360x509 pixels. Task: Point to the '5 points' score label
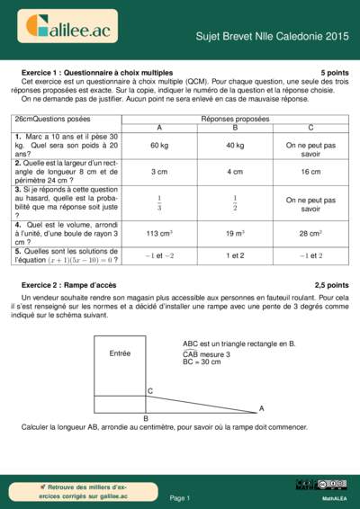(x=334, y=72)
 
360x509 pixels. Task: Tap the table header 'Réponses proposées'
(x=235, y=118)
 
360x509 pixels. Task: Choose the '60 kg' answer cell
(x=158, y=145)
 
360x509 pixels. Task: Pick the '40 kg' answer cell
(x=235, y=145)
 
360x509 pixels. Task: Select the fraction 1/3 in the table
(x=158, y=202)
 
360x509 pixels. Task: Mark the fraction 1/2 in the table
(x=235, y=202)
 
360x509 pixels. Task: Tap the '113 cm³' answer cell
(x=158, y=234)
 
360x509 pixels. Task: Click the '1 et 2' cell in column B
(x=235, y=255)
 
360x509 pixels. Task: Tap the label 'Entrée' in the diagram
(x=120, y=353)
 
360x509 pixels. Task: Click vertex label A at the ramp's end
(x=262, y=408)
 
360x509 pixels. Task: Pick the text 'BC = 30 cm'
(x=202, y=362)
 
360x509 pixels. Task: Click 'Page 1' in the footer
(x=179, y=496)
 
